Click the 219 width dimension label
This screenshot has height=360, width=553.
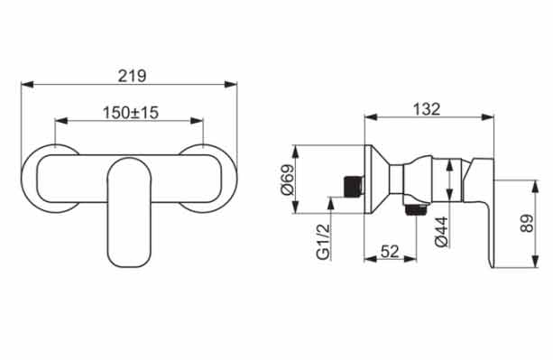(x=132, y=76)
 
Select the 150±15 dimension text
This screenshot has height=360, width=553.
(x=131, y=113)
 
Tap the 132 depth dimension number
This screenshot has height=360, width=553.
(x=427, y=109)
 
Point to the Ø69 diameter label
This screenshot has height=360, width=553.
(x=287, y=180)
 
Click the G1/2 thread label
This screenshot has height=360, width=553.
(x=323, y=242)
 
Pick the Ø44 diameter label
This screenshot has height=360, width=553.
(x=441, y=232)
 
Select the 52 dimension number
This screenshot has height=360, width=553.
(x=390, y=252)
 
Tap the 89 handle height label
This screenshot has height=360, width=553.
(x=527, y=224)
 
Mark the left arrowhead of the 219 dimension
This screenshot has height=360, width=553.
(x=27, y=85)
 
